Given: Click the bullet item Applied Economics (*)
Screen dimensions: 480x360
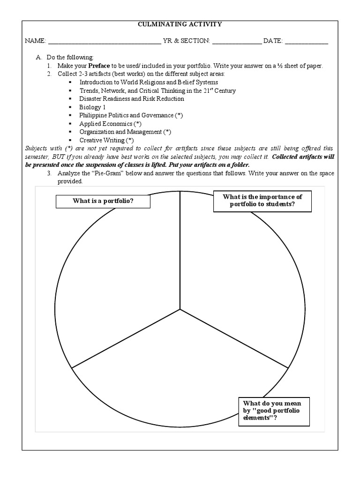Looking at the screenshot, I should click(110, 124).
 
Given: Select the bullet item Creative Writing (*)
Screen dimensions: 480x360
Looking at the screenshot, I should click(106, 140).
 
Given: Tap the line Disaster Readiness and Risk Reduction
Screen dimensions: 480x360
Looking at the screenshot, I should click(131, 99).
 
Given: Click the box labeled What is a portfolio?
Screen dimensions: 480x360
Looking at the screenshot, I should click(104, 201).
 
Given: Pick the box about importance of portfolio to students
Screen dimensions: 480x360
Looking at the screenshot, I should click(262, 200).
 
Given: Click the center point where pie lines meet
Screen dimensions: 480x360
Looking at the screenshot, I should click(180, 309).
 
